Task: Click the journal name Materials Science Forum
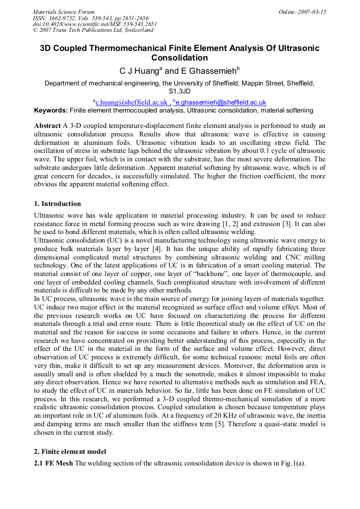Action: (x=64, y=12)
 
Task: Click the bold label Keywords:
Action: (x=51, y=110)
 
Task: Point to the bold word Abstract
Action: (x=48, y=126)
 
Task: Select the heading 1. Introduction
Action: (x=57, y=204)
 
